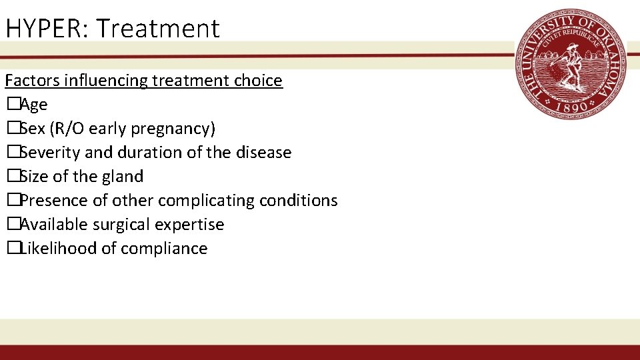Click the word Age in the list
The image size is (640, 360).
pos(34,105)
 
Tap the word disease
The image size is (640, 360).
pos(263,153)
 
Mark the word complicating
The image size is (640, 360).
pos(199,201)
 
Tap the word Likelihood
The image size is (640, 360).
pos(57,249)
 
